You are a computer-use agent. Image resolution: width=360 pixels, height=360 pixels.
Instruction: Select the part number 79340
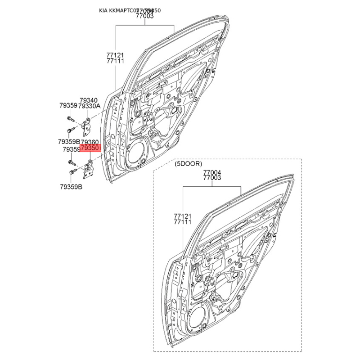pos(89,100)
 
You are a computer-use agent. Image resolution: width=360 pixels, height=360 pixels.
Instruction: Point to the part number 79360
pos(89,141)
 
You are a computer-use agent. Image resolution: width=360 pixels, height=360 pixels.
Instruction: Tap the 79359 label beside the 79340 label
pos(68,106)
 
